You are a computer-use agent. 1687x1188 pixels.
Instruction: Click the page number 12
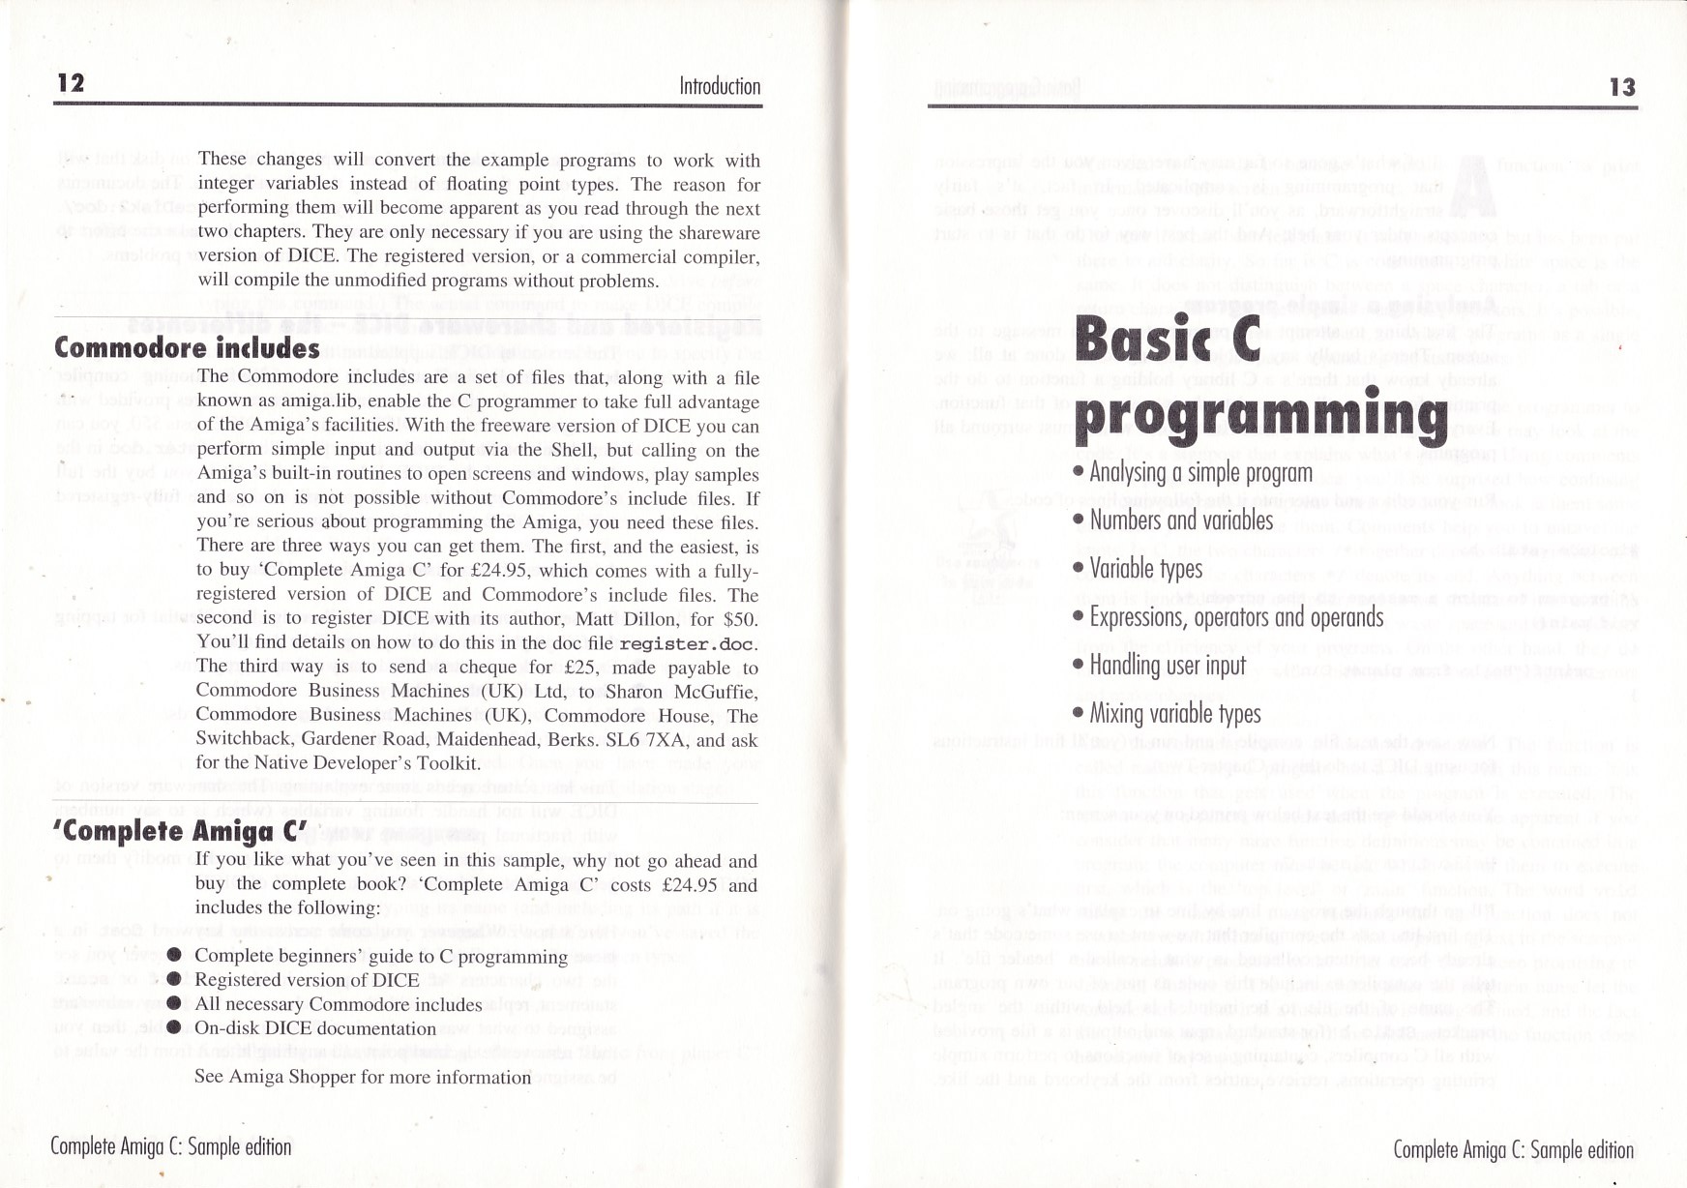point(71,83)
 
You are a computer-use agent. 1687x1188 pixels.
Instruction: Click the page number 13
point(1621,87)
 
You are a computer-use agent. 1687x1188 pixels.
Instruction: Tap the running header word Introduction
point(720,86)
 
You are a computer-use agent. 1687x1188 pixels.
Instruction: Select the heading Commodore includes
point(187,347)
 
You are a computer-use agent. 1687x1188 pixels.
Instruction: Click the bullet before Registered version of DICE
point(174,979)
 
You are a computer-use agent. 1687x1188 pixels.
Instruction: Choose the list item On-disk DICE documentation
point(315,1028)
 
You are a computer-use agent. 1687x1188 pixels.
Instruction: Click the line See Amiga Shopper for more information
point(363,1077)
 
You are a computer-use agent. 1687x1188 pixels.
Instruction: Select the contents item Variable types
point(1146,569)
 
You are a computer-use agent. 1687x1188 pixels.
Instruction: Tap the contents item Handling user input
point(1168,666)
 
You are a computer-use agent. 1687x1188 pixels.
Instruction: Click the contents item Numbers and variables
point(1181,520)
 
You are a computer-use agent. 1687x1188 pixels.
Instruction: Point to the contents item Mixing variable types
point(1175,714)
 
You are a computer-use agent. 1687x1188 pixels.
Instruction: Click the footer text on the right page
point(1513,1149)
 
